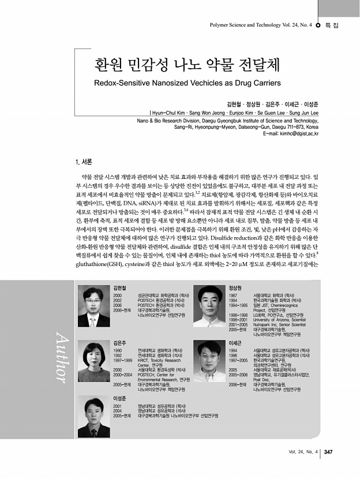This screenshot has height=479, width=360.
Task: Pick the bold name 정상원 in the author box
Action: pos(235,287)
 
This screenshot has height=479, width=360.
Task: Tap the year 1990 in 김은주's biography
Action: pos(118,350)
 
